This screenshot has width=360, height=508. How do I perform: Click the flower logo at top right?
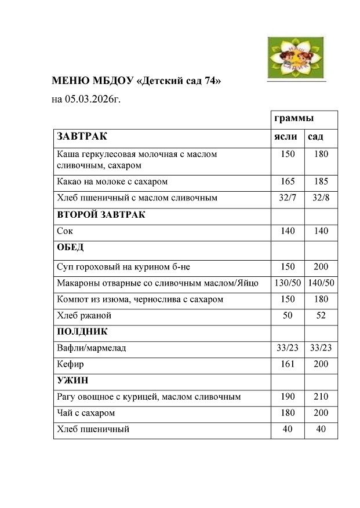click(295, 53)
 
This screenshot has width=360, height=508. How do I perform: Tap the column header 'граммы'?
click(294, 118)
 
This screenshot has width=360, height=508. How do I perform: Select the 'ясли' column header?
click(286, 137)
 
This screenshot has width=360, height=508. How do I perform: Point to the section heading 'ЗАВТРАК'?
click(82, 137)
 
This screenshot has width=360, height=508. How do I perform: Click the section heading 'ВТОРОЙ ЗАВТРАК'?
click(101, 214)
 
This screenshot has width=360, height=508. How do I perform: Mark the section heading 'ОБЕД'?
click(70, 247)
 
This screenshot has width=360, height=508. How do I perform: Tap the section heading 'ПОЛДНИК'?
click(82, 332)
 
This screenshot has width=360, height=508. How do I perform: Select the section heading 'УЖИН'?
click(72, 381)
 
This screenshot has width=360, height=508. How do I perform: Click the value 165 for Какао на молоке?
click(288, 181)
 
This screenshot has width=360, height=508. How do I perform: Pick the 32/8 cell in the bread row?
click(321, 198)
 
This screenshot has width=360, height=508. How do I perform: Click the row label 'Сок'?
click(65, 231)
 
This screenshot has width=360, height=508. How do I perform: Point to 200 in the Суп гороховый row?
click(321, 266)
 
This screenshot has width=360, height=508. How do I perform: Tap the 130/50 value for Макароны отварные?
click(288, 283)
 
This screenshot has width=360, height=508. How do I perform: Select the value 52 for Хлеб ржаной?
click(321, 316)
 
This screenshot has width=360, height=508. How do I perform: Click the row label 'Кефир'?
click(70, 364)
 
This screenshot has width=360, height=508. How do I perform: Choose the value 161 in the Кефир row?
click(288, 364)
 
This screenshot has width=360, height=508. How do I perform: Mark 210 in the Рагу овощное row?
click(321, 397)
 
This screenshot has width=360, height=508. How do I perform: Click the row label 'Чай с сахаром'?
click(86, 413)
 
